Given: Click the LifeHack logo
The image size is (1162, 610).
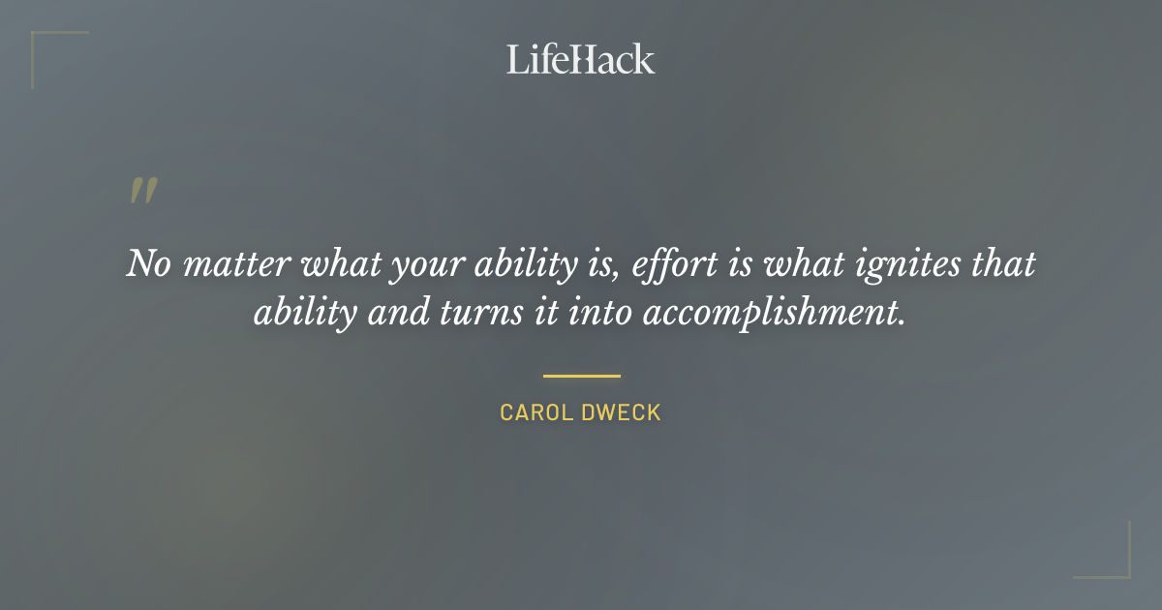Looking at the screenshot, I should pyautogui.click(x=581, y=59).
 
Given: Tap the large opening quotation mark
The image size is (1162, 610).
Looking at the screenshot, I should pyautogui.click(x=142, y=191).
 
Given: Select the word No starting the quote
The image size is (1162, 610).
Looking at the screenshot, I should pyautogui.click(x=147, y=263).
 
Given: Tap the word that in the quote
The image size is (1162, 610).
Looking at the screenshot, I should pyautogui.click(x=1003, y=263).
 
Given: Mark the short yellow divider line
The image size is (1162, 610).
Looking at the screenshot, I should pyautogui.click(x=581, y=376).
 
